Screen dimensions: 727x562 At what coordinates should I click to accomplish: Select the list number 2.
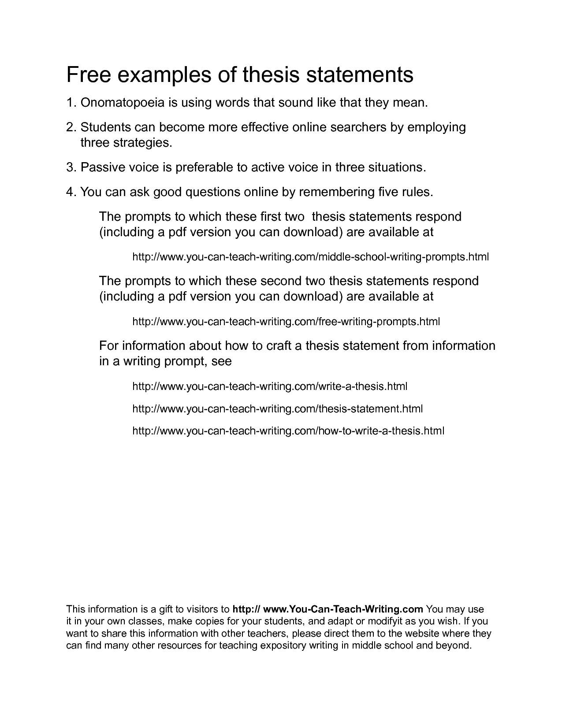(x=71, y=127)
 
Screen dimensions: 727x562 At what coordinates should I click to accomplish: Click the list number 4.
(x=71, y=193)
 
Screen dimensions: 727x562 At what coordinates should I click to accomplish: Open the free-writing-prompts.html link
(x=286, y=322)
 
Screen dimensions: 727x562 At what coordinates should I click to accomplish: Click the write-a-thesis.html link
(x=270, y=387)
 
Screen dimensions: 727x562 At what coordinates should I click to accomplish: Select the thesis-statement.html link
(x=277, y=409)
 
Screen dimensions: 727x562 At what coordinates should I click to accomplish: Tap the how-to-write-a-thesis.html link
(x=288, y=431)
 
